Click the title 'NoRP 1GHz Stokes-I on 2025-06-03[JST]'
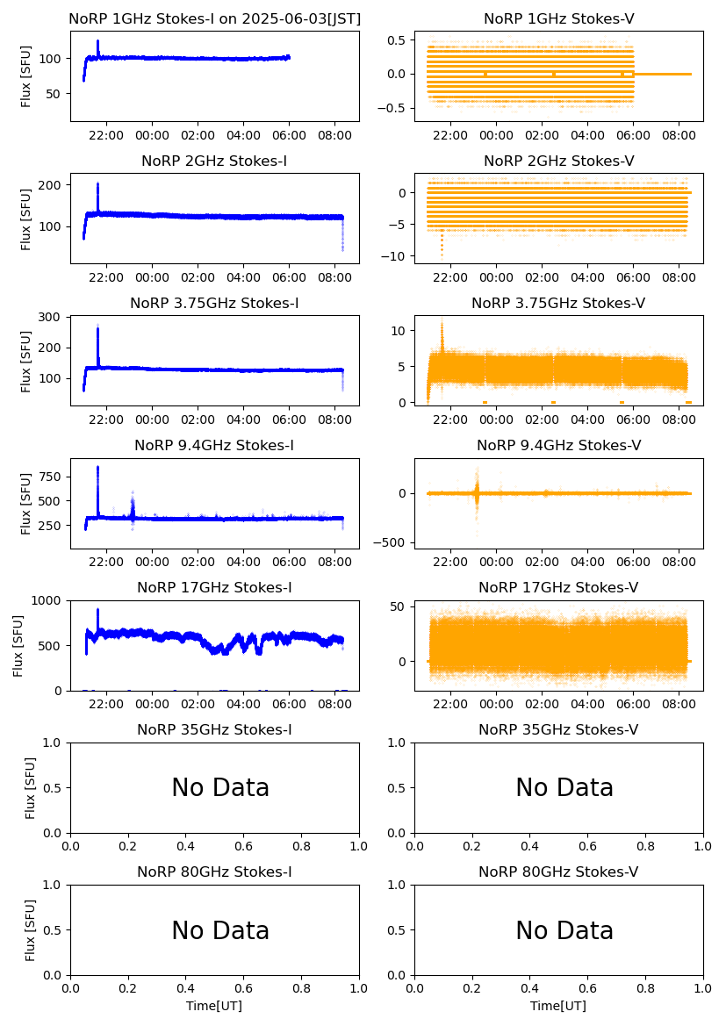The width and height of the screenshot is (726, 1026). coord(214,18)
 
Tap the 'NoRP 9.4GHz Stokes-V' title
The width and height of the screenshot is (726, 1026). coord(558,445)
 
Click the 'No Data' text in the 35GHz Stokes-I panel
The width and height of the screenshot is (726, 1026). coord(220,788)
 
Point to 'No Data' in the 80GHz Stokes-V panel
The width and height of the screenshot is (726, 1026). coord(564,930)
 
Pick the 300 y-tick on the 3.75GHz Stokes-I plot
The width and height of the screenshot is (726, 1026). coord(49,317)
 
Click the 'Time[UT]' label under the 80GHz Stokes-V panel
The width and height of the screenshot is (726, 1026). coord(558,1005)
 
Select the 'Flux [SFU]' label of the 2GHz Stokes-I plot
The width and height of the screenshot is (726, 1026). coord(26,218)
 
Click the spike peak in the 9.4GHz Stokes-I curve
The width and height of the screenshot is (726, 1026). coord(97,467)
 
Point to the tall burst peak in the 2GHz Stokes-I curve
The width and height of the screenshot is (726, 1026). coord(97,183)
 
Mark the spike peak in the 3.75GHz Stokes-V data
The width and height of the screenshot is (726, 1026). coord(442,323)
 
